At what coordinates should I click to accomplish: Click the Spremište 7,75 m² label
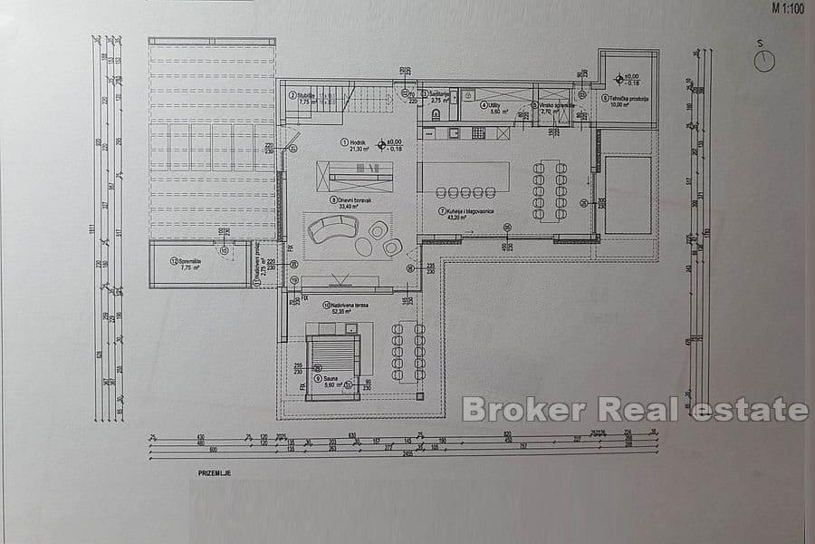pyautogui.click(x=188, y=265)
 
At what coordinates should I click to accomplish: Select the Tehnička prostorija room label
pyautogui.click(x=624, y=101)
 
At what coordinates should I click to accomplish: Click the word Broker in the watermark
pyautogui.click(x=525, y=410)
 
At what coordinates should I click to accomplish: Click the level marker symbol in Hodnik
pyautogui.click(x=381, y=143)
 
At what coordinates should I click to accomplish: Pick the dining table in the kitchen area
pyautogui.click(x=550, y=190)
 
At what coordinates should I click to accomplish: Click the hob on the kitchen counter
pyautogui.click(x=476, y=133)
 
